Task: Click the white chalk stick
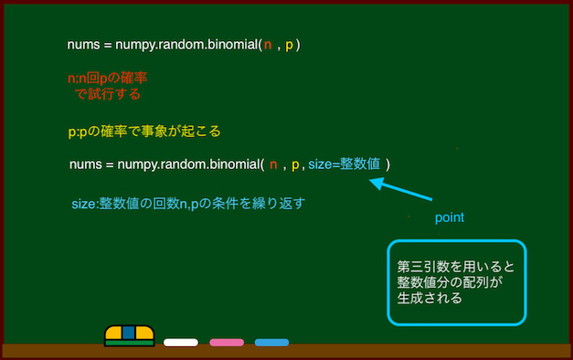pos(181,343)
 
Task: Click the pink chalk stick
pos(226,343)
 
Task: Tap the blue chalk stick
pos(271,343)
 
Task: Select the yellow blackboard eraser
pos(129,335)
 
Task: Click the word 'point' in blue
pos(449,218)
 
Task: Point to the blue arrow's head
pos(374,182)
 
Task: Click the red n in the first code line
pos(267,45)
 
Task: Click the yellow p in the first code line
pos(290,45)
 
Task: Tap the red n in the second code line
pos(272,165)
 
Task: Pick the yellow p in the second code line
pos(294,165)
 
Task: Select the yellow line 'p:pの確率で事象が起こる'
pos(144,131)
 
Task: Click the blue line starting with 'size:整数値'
pos(187,203)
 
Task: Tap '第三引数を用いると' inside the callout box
pos(456,267)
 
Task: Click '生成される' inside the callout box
pos(430,298)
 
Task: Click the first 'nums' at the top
pos(83,45)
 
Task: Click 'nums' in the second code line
pos(85,165)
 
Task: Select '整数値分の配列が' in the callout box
pos(451,282)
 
